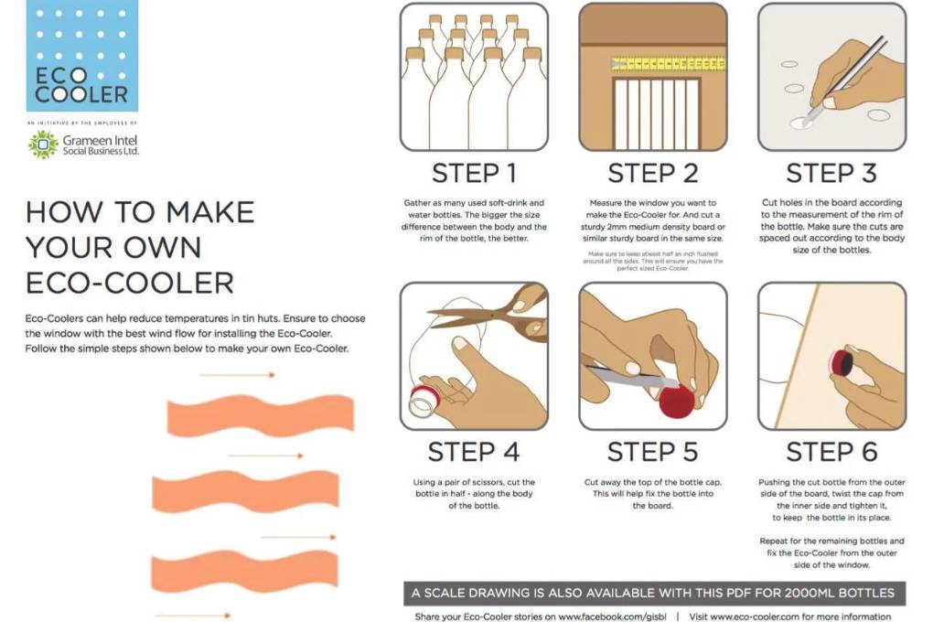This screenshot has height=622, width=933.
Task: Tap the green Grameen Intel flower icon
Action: [x=42, y=144]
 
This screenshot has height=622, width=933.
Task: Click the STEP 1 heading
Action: [x=474, y=173]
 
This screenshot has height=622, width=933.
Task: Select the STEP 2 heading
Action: [x=652, y=173]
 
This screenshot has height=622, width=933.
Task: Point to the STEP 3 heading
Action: [x=831, y=173]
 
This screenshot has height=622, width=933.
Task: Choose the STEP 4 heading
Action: [x=474, y=452]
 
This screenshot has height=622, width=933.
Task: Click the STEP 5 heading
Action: [x=652, y=452]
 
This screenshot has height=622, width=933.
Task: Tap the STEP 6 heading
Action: [x=831, y=452]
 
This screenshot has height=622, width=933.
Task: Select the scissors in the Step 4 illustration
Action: [x=494, y=316]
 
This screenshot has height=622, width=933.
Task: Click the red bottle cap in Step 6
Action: [x=839, y=363]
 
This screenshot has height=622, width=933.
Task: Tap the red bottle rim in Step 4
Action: [x=424, y=399]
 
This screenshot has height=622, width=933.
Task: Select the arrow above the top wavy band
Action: [x=237, y=375]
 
